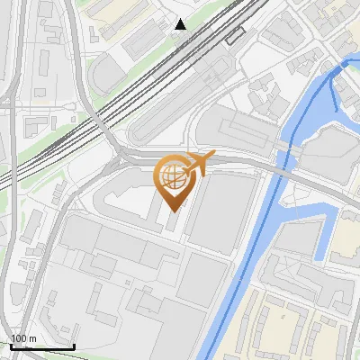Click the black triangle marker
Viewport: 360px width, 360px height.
(181, 23)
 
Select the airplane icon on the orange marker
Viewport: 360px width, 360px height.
(198, 164)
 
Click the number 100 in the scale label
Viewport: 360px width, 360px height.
(19, 339)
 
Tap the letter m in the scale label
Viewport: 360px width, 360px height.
(32, 339)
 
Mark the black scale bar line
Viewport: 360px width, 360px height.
(41, 346)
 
